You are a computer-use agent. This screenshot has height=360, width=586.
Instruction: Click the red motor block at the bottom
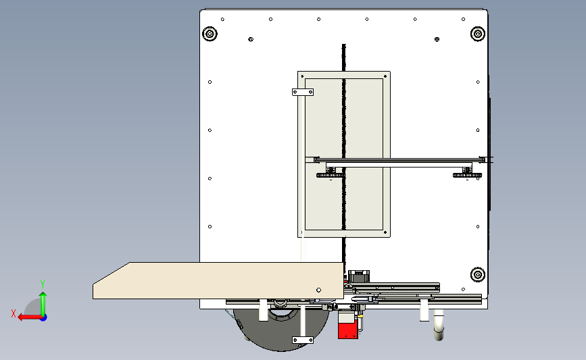347,330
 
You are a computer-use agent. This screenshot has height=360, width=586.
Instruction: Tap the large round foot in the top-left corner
210,34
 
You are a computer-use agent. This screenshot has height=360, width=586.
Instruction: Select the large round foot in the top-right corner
478,34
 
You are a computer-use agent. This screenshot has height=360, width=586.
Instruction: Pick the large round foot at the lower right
478,275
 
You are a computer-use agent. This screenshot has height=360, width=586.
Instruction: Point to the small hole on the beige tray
318,290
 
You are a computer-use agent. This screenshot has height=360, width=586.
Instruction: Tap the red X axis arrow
30,317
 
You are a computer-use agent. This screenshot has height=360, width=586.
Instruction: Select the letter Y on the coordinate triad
43,284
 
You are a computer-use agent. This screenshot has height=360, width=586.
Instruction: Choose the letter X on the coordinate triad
14,313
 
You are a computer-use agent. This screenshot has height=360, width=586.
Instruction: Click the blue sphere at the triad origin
43,317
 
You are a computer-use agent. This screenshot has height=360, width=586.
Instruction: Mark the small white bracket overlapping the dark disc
303,340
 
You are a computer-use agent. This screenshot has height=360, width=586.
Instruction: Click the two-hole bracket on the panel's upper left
303,92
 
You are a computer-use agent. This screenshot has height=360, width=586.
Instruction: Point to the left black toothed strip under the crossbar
331,175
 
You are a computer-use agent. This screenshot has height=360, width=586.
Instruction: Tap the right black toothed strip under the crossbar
467,175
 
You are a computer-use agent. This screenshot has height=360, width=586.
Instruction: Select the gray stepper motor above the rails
359,276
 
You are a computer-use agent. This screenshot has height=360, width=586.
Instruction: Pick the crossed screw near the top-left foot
251,39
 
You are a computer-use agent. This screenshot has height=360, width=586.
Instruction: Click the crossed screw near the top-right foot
437,39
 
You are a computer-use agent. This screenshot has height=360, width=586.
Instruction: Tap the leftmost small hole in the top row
223,19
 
